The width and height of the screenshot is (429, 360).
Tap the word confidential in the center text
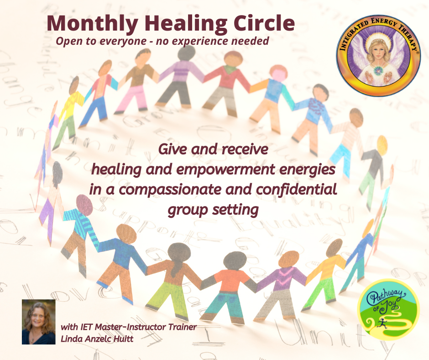[291, 190]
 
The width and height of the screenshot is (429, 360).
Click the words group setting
[213, 209]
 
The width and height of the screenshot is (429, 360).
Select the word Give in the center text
[175, 149]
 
